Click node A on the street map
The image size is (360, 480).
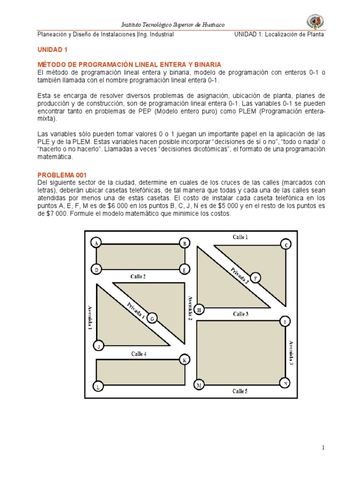click(x=96, y=243)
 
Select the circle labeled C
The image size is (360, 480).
click(x=285, y=244)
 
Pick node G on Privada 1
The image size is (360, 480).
click(x=152, y=318)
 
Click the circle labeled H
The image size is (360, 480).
click(x=199, y=309)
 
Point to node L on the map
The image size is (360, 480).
click(x=98, y=387)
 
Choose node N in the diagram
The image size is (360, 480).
click(x=285, y=383)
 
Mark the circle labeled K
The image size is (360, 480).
click(x=184, y=360)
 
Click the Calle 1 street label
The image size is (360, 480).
click(x=240, y=237)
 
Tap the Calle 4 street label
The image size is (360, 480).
click(x=138, y=354)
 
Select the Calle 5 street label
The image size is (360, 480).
click(x=240, y=390)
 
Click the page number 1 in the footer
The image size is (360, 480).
click(x=323, y=448)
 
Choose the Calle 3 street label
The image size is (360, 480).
click(x=240, y=314)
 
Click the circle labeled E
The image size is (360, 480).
click(x=184, y=270)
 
